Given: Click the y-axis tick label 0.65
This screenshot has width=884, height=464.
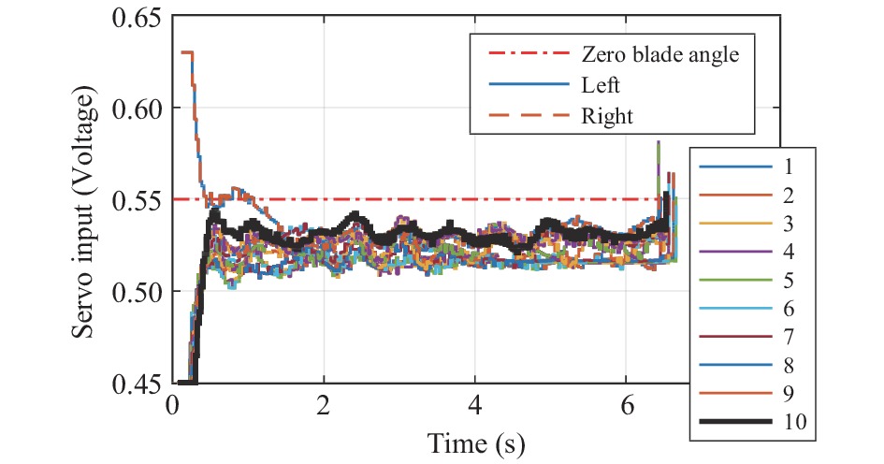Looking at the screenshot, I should coord(138,19).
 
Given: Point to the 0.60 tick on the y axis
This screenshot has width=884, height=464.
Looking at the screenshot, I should coord(138,109).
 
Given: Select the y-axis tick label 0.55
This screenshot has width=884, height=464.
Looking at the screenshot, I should coord(138,200).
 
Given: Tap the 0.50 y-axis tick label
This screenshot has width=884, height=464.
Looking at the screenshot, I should coord(138,292).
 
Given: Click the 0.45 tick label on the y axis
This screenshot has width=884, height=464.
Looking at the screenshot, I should coord(138,383).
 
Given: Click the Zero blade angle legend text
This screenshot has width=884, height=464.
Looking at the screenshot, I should coord(660,54).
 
